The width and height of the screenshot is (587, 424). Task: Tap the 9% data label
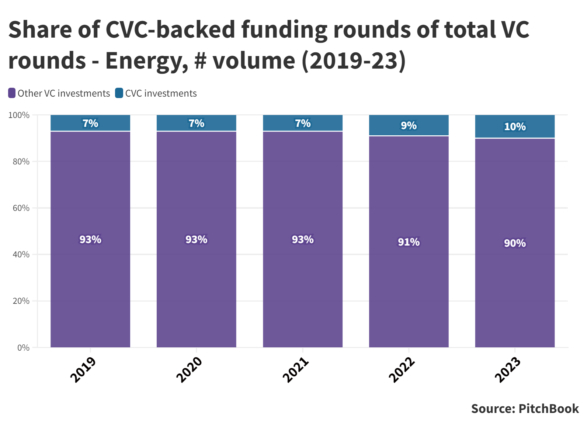[409, 126]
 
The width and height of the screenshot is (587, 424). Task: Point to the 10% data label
[515, 127]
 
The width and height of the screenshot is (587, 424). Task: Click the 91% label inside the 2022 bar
[409, 242]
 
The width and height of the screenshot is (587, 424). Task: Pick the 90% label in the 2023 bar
[515, 243]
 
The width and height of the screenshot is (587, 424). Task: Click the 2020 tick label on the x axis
[189, 369]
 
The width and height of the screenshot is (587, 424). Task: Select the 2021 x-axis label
[295, 369]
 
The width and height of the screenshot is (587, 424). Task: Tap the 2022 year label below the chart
[402, 369]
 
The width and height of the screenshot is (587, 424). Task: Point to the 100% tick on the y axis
[19, 115]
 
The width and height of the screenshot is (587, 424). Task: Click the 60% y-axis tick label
[21, 208]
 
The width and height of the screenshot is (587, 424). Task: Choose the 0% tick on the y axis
[23, 348]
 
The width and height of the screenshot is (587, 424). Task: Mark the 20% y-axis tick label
[21, 301]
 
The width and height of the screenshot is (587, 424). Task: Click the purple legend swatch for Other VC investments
[12, 93]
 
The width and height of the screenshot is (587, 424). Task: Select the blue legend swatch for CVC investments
[119, 93]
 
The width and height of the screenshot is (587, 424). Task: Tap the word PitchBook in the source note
[549, 409]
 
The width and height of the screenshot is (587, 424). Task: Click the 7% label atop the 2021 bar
[303, 123]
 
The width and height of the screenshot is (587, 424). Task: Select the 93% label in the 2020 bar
[197, 240]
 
